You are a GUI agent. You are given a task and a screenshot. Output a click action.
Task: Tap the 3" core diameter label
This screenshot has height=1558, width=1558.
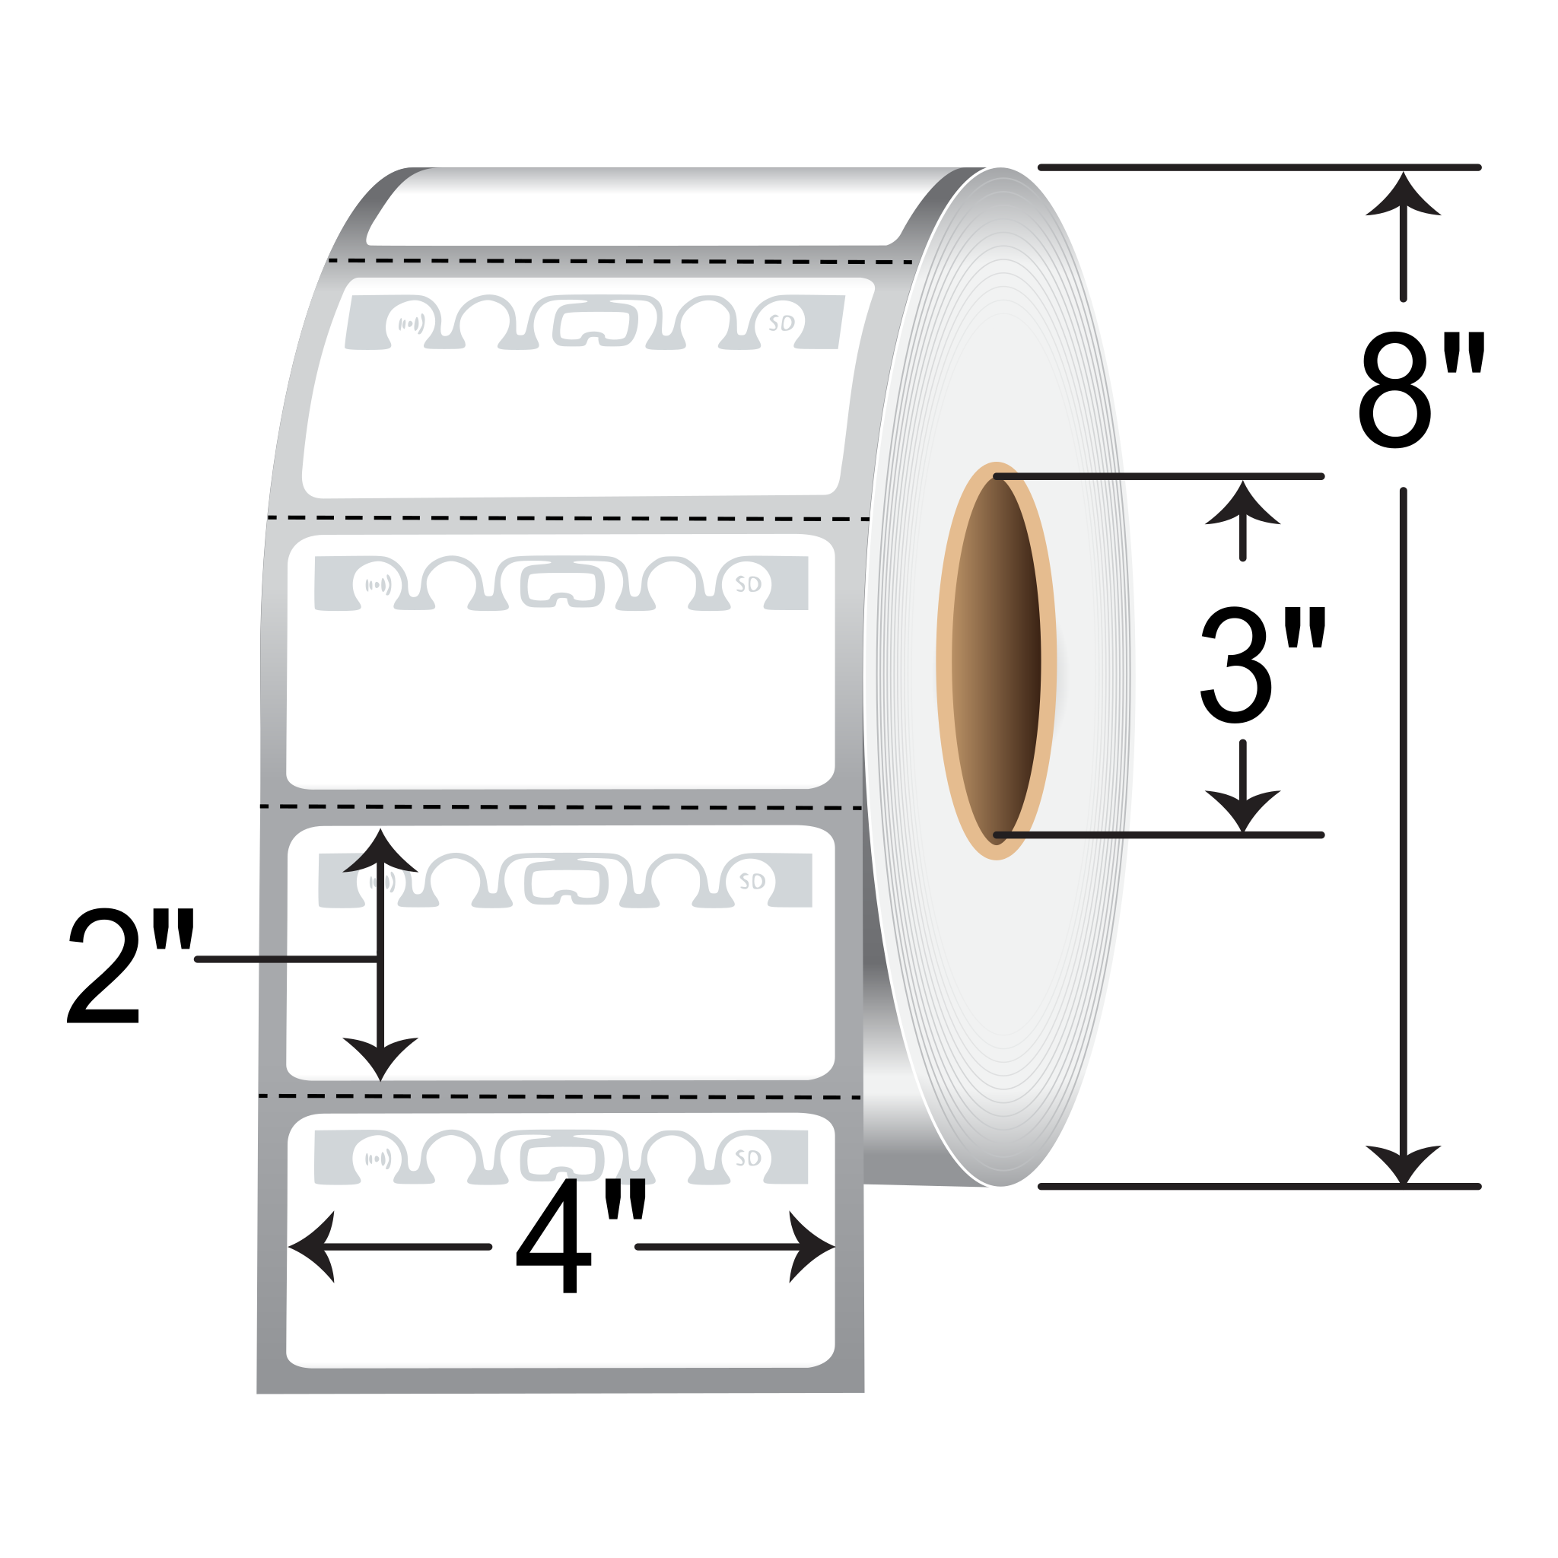click(1261, 666)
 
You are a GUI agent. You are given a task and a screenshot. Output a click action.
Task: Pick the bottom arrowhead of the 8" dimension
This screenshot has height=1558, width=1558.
click(1403, 1164)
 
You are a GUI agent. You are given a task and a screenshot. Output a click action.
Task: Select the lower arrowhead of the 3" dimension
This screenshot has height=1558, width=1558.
click(1243, 809)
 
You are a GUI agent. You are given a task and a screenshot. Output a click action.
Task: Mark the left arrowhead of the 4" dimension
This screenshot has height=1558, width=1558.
click(310, 1247)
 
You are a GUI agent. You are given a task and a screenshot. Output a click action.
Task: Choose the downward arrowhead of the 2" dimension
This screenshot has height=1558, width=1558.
click(380, 1057)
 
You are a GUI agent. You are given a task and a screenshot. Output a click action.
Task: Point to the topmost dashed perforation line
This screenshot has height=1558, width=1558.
click(621, 261)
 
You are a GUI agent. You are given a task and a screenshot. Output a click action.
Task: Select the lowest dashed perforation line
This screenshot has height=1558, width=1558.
click(561, 1097)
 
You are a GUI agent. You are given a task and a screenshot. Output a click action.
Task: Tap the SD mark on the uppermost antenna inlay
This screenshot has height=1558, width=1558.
click(781, 323)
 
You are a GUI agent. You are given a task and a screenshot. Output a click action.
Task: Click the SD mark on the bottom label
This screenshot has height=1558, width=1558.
click(749, 1159)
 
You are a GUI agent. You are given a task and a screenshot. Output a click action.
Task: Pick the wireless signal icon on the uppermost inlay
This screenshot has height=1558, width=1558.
click(412, 324)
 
